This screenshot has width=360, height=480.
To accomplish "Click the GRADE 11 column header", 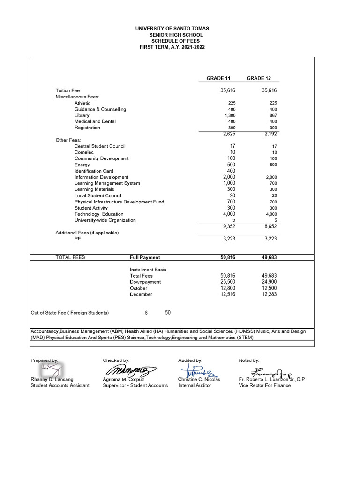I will click(x=218, y=78).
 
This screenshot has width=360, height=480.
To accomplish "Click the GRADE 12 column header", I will click(x=259, y=78).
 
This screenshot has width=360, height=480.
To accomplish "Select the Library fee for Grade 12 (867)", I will click(x=273, y=115).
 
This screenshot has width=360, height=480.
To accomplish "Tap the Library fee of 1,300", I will click(x=230, y=115).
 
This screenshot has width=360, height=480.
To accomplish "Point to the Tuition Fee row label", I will click(x=67, y=90).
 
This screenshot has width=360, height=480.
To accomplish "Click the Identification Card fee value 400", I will click(x=231, y=171).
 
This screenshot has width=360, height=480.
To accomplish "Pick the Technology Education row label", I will click(x=99, y=214).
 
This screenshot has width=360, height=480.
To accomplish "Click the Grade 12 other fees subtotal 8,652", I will click(x=270, y=227).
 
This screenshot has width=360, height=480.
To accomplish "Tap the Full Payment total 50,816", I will click(x=228, y=257).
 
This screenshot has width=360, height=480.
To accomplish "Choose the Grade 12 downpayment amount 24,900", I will click(x=270, y=282).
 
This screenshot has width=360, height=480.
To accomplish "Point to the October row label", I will click(x=138, y=288).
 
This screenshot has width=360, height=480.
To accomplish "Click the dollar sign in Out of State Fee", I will click(x=146, y=313).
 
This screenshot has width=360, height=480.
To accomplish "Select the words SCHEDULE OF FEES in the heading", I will click(x=172, y=41).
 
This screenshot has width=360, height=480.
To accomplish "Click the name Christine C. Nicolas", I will click(x=199, y=379).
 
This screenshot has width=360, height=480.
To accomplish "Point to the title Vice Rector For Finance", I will click(x=264, y=385).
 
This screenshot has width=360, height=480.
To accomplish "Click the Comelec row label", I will click(x=84, y=152).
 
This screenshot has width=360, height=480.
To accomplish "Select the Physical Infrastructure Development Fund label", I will click(x=119, y=202).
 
